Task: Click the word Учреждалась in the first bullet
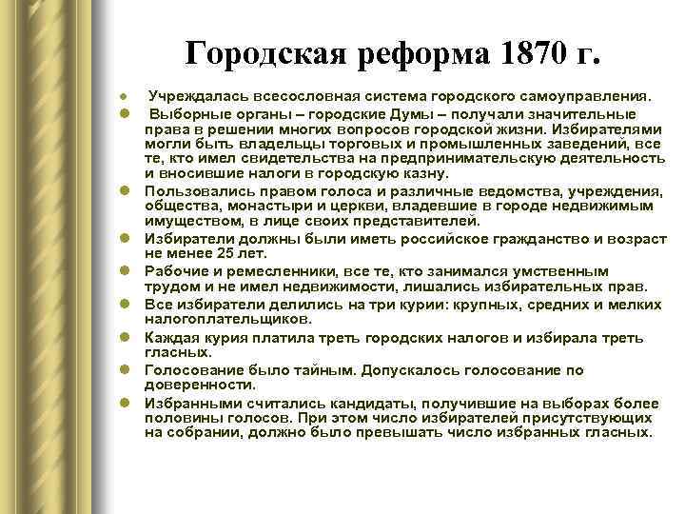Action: point(187,96)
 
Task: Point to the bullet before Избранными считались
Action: point(125,403)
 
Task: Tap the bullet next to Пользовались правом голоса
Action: point(125,191)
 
